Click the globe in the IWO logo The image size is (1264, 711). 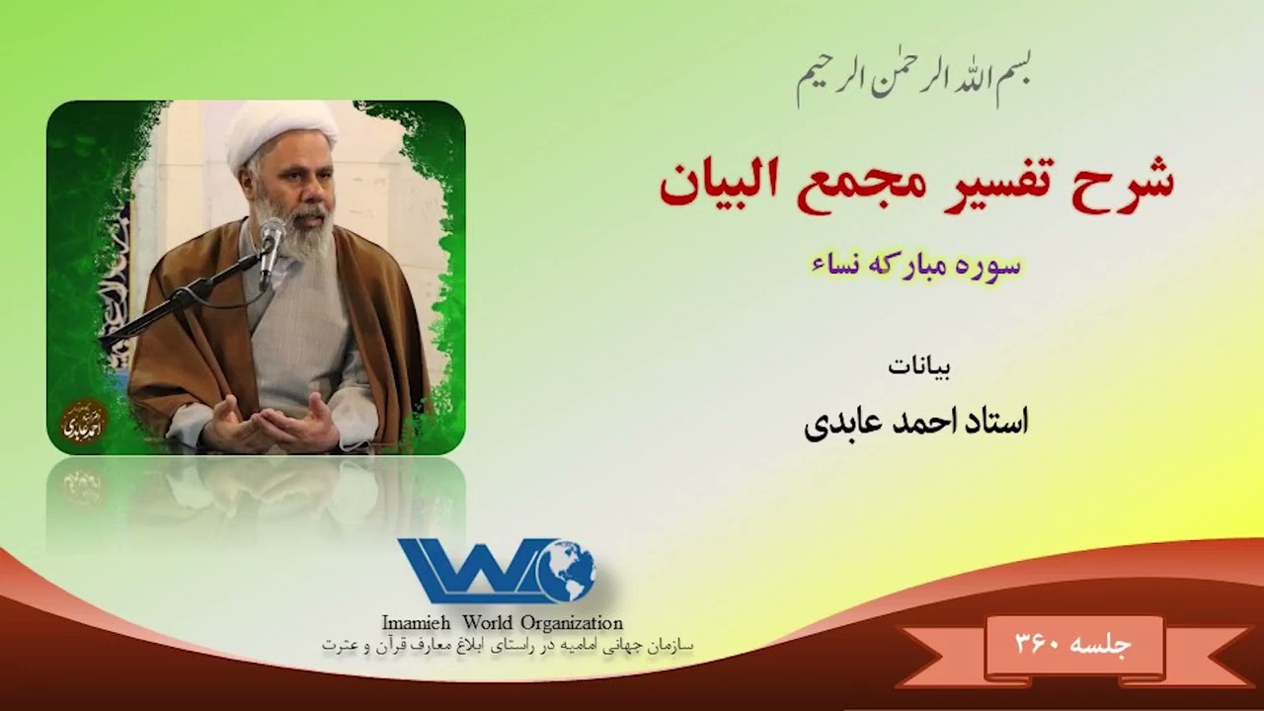tap(565, 572)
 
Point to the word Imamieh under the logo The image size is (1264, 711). tap(416, 623)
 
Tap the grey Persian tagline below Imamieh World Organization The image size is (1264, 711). tap(508, 645)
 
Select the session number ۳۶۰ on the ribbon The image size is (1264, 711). tap(1038, 645)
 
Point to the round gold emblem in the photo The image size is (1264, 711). tap(84, 422)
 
